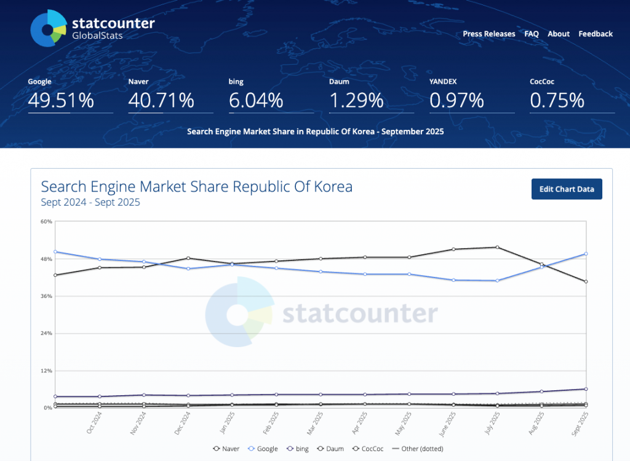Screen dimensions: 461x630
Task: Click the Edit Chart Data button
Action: click(567, 189)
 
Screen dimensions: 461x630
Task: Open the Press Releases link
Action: click(489, 34)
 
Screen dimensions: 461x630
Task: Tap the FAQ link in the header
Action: click(532, 34)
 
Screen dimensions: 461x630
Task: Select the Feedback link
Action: click(596, 34)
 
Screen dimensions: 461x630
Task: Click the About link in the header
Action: click(559, 34)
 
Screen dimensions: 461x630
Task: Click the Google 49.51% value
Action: click(61, 100)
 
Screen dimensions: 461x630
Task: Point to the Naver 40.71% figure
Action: click(161, 100)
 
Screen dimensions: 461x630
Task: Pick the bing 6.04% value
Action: click(256, 100)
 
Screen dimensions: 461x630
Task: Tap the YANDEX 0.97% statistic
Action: click(457, 100)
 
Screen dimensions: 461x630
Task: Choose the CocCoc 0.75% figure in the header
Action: click(557, 100)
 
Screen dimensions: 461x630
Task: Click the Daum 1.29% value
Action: click(356, 100)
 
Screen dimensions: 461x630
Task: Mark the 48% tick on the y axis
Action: click(47, 259)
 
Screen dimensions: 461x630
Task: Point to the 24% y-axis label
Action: click(47, 334)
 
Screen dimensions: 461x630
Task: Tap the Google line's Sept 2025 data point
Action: click(586, 254)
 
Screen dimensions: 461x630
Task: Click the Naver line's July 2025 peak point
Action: click(497, 247)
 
